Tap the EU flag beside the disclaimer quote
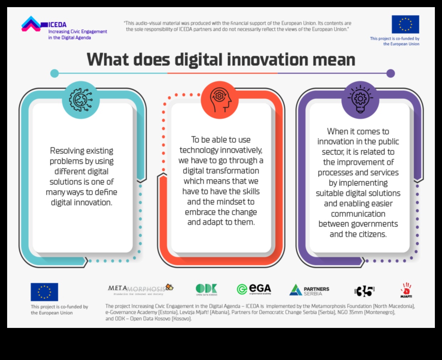(405, 24)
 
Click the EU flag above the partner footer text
(44, 292)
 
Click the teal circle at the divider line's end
(55, 73)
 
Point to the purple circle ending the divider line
(391, 73)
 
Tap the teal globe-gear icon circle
(81, 99)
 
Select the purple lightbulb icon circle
(360, 99)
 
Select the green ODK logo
(206, 289)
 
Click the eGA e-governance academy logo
(254, 289)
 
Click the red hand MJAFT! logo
(406, 290)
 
